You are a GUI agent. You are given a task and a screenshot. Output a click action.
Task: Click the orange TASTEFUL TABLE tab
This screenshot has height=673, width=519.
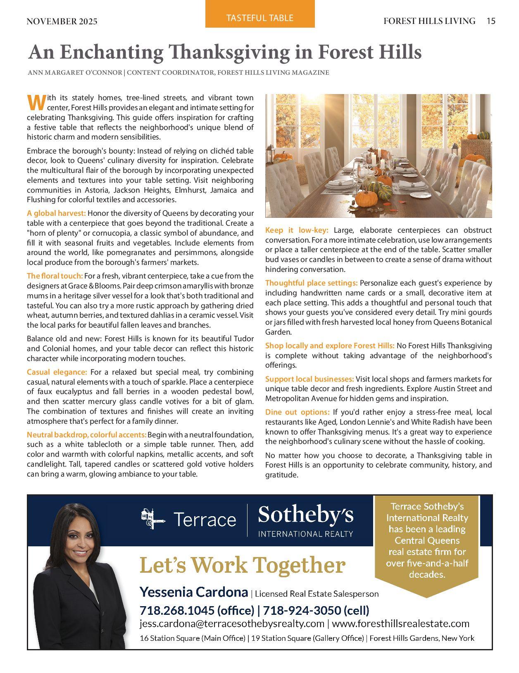pos(260,18)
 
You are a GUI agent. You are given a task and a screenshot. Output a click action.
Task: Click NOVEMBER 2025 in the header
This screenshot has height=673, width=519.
pos(62,21)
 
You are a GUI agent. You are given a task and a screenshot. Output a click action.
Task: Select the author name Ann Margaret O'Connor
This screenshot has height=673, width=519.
pos(75,73)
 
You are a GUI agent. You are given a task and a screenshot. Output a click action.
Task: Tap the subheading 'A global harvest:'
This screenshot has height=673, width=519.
pos(56,213)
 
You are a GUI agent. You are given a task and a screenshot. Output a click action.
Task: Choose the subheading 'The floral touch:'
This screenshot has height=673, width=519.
pos(55,276)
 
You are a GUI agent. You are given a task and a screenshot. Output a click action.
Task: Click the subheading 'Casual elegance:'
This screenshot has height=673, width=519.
pos(57,372)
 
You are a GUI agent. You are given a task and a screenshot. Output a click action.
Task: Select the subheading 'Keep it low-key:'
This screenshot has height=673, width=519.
pos(297,230)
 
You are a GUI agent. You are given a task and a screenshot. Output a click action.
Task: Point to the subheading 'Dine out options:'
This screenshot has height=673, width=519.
pos(298,412)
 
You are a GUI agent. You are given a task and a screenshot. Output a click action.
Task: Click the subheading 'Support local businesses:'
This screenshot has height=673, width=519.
pos(309,379)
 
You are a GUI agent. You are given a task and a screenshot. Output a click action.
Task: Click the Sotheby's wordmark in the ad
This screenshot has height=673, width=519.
pos(306,515)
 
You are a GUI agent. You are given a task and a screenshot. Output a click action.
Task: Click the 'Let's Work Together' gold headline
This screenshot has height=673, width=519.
pos(242,565)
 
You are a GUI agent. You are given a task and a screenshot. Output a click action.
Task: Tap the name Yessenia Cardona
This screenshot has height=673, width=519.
pos(193,592)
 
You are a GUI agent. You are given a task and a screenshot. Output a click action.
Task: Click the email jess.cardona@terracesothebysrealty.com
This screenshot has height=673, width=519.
pos(232,623)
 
